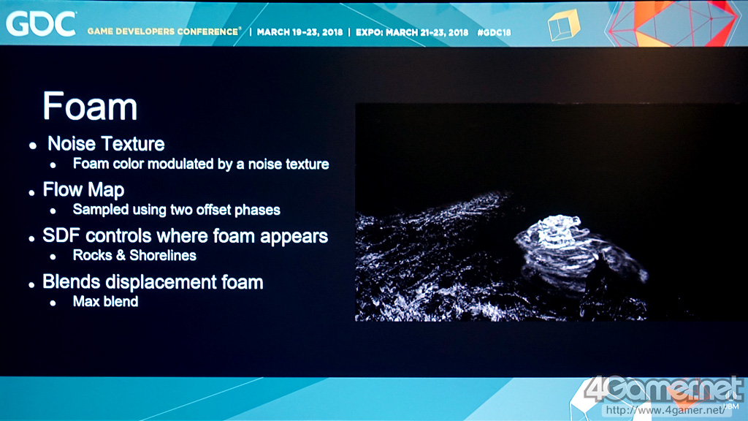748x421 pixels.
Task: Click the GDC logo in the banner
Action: [41, 24]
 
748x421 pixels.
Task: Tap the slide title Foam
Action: [90, 106]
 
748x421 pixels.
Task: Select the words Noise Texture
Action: [106, 144]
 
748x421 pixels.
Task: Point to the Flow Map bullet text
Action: [83, 189]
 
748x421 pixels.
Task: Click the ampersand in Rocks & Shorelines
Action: [121, 255]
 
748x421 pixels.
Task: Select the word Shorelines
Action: [163, 255]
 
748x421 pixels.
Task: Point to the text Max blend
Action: [105, 302]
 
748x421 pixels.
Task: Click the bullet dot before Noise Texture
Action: [32, 145]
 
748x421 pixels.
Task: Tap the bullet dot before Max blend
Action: [53, 303]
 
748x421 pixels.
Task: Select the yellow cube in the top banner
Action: [563, 25]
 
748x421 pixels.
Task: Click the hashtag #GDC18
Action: [495, 32]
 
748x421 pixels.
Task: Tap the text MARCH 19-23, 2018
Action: [299, 32]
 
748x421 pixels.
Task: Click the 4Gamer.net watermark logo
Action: [663, 389]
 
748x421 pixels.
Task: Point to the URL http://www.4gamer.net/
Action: [665, 410]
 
